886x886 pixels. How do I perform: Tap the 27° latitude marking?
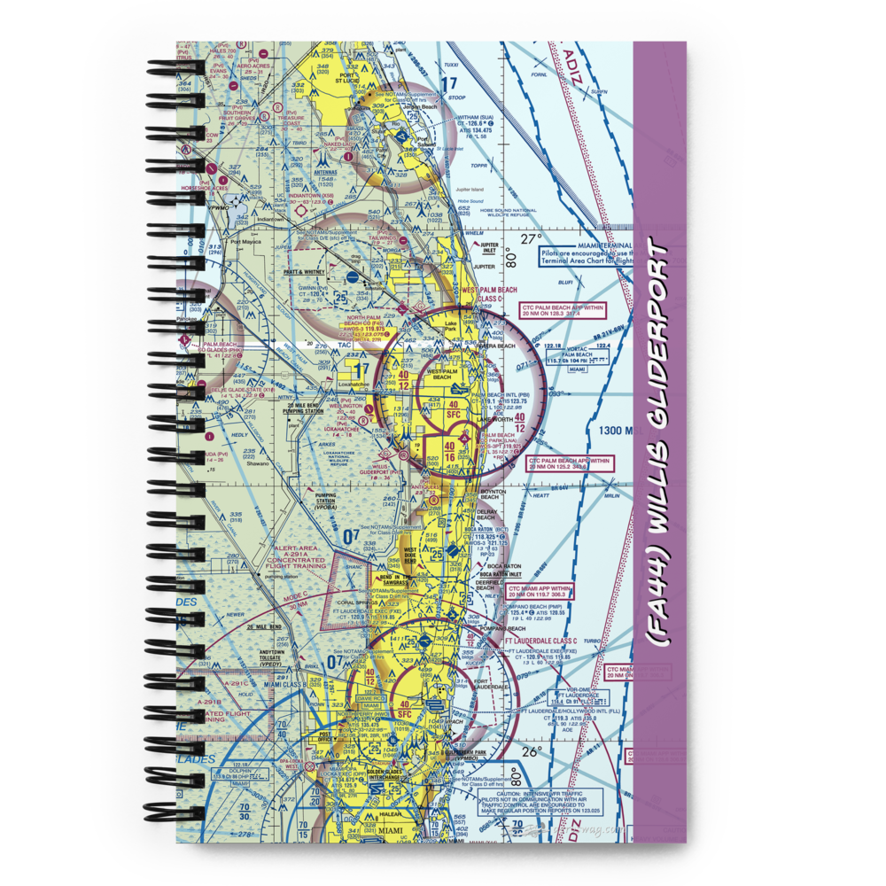[x=531, y=239]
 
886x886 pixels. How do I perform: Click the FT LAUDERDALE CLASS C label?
[x=540, y=639]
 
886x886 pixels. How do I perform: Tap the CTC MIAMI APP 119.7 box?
[x=540, y=592]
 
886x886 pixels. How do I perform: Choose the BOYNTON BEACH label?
[x=493, y=494]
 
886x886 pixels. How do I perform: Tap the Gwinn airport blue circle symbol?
[x=353, y=276]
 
